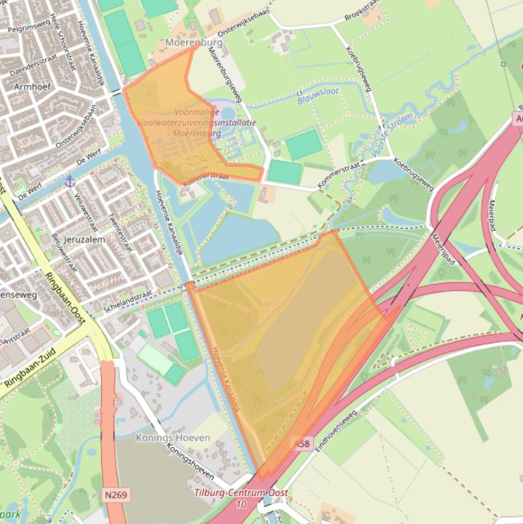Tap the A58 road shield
[x=303, y=444]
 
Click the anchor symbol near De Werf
[x=69, y=181]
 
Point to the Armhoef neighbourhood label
[x=33, y=86]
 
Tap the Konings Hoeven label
[x=173, y=438]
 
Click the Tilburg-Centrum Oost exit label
[x=241, y=493]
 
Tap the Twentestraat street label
[x=121, y=232]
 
